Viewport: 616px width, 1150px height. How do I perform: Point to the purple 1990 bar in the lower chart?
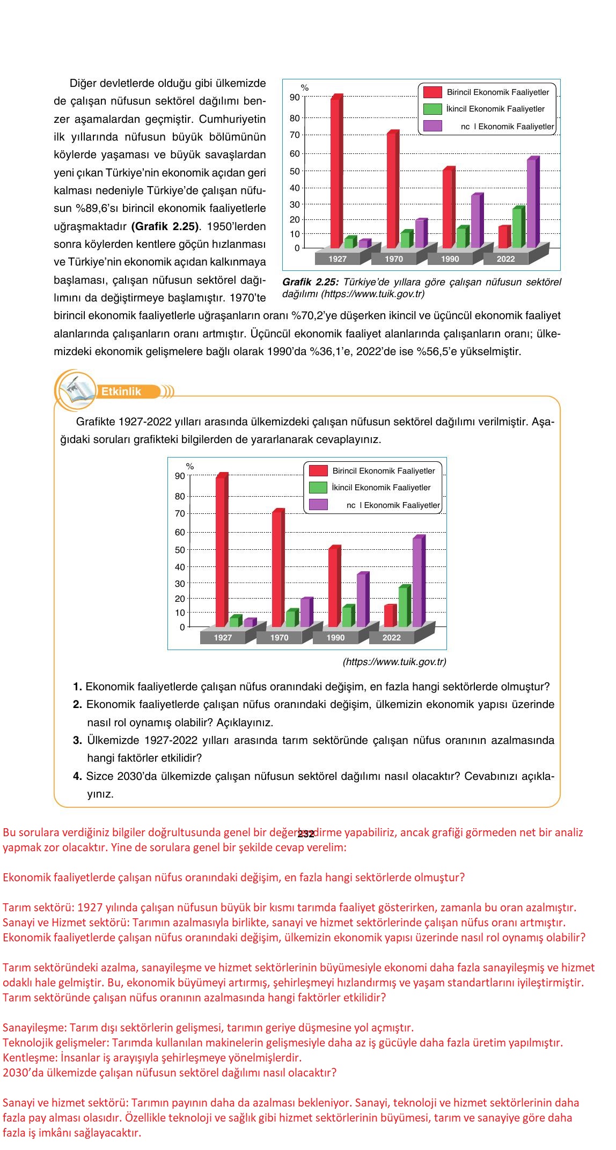click(x=362, y=600)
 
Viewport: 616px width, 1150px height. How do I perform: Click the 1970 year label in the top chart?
click(x=394, y=259)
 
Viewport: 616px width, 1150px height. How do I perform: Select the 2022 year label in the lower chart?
click(x=391, y=638)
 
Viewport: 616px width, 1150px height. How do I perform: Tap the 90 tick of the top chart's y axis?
click(x=295, y=97)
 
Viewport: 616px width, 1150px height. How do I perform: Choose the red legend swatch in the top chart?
click(x=432, y=92)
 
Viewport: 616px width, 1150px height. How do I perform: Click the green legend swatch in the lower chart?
click(x=318, y=488)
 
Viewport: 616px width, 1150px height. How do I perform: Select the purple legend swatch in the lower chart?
click(x=318, y=505)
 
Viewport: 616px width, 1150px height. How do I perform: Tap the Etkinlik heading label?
click(x=121, y=392)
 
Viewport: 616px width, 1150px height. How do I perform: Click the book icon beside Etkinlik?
click(x=75, y=388)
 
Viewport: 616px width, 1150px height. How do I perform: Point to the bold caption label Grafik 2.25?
click(x=310, y=282)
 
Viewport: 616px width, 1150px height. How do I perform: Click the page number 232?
click(x=305, y=834)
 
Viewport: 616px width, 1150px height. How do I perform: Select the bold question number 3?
click(x=77, y=741)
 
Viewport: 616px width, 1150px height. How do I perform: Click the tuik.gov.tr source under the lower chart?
click(x=394, y=662)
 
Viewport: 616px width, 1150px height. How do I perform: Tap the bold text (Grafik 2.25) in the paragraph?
click(x=164, y=226)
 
